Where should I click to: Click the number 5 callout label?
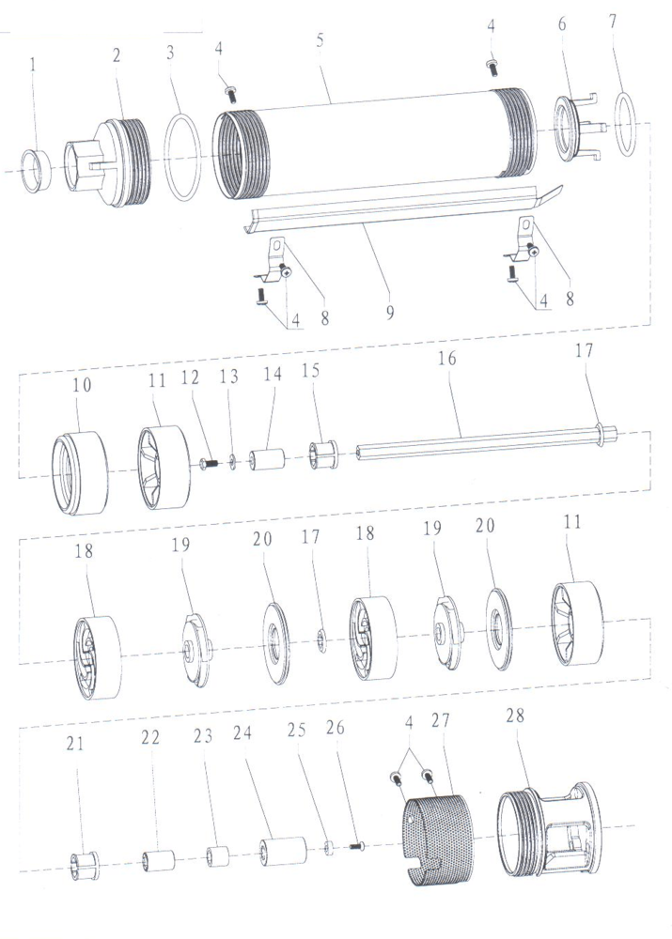click(x=320, y=40)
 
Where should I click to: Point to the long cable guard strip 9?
click(x=401, y=207)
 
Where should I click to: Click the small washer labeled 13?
click(x=232, y=462)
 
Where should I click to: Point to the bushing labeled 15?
click(x=323, y=455)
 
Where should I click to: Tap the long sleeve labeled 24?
click(x=283, y=851)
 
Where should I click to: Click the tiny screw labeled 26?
click(x=357, y=846)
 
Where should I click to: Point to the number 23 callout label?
click(x=202, y=735)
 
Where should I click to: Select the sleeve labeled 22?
click(x=158, y=860)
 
